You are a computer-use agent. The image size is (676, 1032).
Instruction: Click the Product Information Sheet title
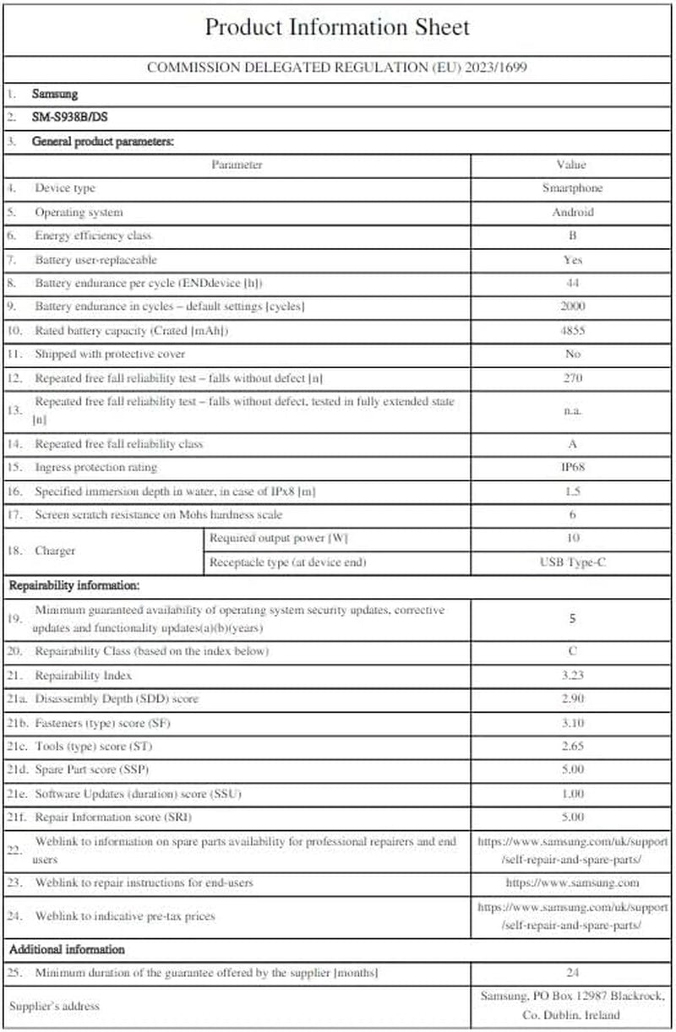337,27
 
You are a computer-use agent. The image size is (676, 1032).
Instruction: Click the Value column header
572,165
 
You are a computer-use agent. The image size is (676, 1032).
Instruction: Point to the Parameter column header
237,165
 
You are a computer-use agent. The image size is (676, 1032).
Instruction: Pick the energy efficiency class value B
572,236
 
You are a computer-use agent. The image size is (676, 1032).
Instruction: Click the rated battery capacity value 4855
572,330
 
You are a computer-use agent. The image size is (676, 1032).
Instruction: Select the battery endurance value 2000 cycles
572,307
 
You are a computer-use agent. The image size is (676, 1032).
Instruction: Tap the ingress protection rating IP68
572,467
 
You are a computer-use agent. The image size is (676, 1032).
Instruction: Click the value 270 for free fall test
572,377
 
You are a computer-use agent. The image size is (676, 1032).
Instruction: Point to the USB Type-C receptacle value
572,562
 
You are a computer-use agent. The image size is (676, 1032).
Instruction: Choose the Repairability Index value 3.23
572,676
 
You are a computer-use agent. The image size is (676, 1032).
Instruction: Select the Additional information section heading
67,949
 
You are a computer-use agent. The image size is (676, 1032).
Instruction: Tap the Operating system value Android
572,212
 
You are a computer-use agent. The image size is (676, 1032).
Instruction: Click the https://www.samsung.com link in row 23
572,883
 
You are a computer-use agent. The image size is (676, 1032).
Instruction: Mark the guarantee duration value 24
572,973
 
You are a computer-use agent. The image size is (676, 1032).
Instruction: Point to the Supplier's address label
54,1006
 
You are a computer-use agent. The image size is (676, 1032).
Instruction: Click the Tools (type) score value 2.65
572,747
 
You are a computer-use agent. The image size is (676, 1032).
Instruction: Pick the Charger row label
55,550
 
